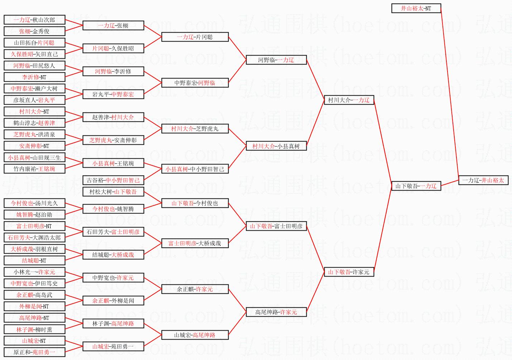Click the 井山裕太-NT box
416,8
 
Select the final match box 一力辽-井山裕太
483,180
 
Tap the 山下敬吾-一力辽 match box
416,186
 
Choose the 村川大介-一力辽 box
349,100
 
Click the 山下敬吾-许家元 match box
349,272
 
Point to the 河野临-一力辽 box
276,60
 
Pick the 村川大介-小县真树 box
276,146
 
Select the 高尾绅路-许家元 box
276,312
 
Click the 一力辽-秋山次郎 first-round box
34,20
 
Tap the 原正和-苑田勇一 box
34,352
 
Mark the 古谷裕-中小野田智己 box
113,180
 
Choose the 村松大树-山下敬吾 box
113,192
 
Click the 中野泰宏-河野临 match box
195,83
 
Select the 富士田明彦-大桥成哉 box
195,243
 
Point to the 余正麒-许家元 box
195,289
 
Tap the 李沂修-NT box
34,77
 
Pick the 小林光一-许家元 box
34,272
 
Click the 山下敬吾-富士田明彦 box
276,226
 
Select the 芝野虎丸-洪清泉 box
34,134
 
